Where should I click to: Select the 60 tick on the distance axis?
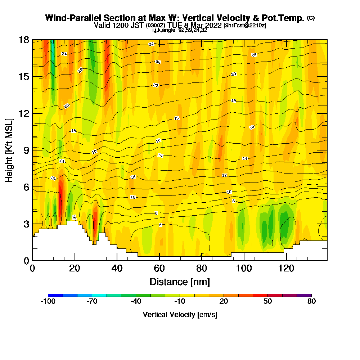point(159,268)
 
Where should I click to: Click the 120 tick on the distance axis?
point(286,268)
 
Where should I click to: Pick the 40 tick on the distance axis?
point(117,268)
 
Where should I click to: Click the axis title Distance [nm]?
point(180,282)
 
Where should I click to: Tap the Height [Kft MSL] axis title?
point(9,150)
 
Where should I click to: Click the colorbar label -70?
point(92,302)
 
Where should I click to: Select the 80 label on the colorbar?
point(311,302)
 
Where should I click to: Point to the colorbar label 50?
point(267,302)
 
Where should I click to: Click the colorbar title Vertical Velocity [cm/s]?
point(180,315)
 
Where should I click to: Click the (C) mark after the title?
point(311,18)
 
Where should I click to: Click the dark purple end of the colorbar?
point(304,295)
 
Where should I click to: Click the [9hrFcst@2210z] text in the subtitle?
point(245,25)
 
